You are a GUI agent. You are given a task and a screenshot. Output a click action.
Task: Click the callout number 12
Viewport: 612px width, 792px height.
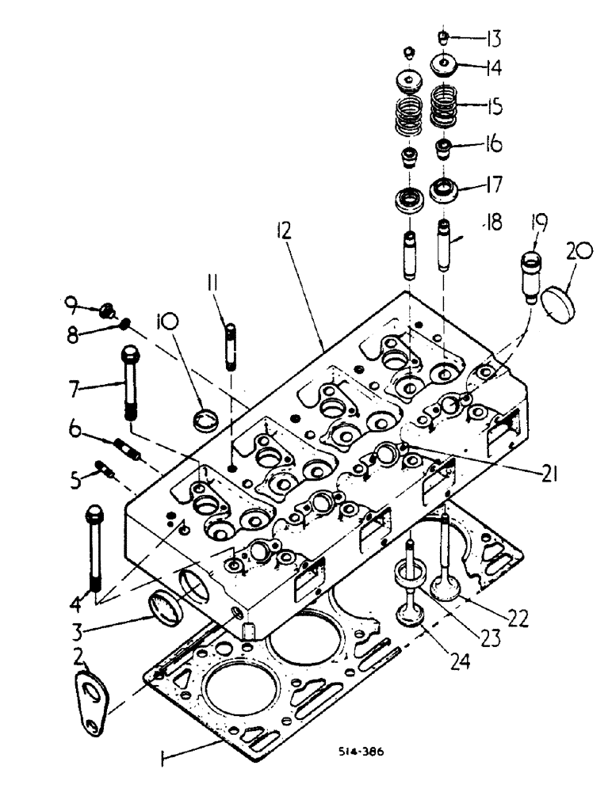tap(283, 231)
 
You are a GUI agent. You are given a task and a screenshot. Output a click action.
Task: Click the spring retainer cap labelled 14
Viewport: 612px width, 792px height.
tap(444, 63)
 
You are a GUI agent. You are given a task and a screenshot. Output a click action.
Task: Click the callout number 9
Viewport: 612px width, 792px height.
tap(71, 301)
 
